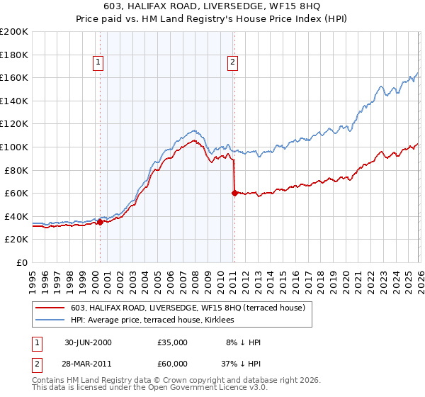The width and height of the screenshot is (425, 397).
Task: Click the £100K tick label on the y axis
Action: [14, 147]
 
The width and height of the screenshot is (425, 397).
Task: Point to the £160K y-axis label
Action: [14, 77]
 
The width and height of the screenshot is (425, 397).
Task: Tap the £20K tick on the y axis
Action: [16, 240]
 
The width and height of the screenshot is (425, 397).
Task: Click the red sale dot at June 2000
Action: [101, 222]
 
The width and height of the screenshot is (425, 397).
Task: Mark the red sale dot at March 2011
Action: [234, 193]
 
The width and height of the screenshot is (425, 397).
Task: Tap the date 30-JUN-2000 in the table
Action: [88, 342]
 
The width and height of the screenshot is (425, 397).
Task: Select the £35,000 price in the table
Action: [173, 342]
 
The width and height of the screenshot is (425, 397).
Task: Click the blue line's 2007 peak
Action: [194, 130]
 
